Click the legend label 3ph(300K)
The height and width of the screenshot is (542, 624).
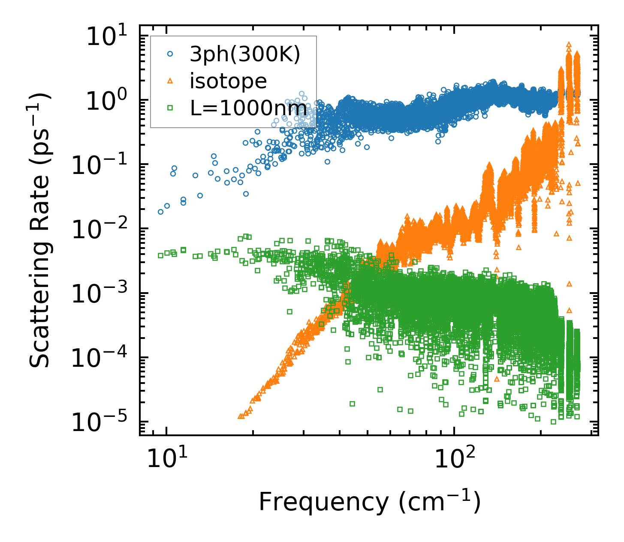245,54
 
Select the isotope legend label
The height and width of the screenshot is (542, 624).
228,81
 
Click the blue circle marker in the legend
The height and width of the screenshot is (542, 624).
170,54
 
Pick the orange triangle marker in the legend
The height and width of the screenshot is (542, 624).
170,81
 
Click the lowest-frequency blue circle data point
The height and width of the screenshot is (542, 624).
161,212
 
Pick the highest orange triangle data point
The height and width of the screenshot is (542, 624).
569,44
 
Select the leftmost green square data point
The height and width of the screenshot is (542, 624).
161,255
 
